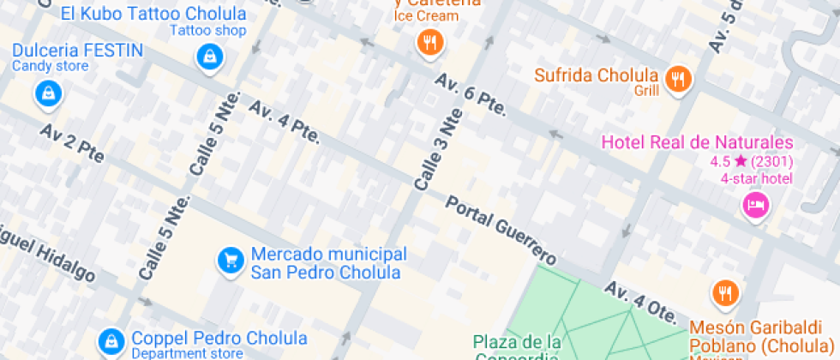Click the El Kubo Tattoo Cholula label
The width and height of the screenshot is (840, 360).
(154, 14)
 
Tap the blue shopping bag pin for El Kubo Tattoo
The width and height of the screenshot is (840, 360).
(208, 58)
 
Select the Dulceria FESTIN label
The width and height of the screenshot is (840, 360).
(77, 50)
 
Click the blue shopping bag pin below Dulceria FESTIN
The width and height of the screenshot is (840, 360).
(49, 93)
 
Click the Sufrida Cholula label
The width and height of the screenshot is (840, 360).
(597, 75)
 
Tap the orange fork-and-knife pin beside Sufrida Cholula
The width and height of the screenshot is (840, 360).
(679, 80)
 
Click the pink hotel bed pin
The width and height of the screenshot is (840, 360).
(755, 206)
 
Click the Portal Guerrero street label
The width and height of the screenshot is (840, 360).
(501, 229)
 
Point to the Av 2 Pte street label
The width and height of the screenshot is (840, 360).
(72, 143)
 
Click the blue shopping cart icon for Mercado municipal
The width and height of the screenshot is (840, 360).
(229, 259)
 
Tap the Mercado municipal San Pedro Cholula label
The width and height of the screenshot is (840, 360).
(327, 264)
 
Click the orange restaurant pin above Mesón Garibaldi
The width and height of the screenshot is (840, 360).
(724, 294)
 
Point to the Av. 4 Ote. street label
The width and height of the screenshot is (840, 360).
(640, 301)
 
